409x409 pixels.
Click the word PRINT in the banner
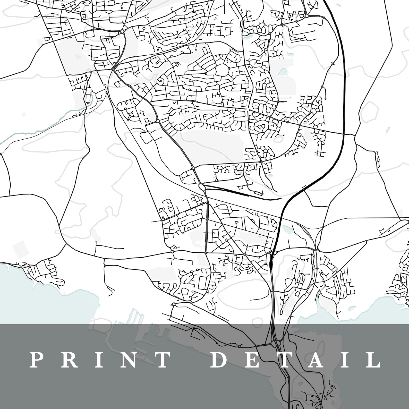pyautogui.click(x=100, y=360)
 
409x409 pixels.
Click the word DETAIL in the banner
pyautogui.click(x=296, y=360)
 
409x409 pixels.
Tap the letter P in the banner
pyautogui.click(x=36, y=360)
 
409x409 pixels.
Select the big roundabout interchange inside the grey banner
pyautogui.click(x=275, y=343)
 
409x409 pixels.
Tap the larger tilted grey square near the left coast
pyautogui.click(x=20, y=248)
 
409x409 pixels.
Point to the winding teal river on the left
pyautogui.click(x=39, y=129)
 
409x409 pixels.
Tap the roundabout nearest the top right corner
pyautogui.click(x=306, y=16)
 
